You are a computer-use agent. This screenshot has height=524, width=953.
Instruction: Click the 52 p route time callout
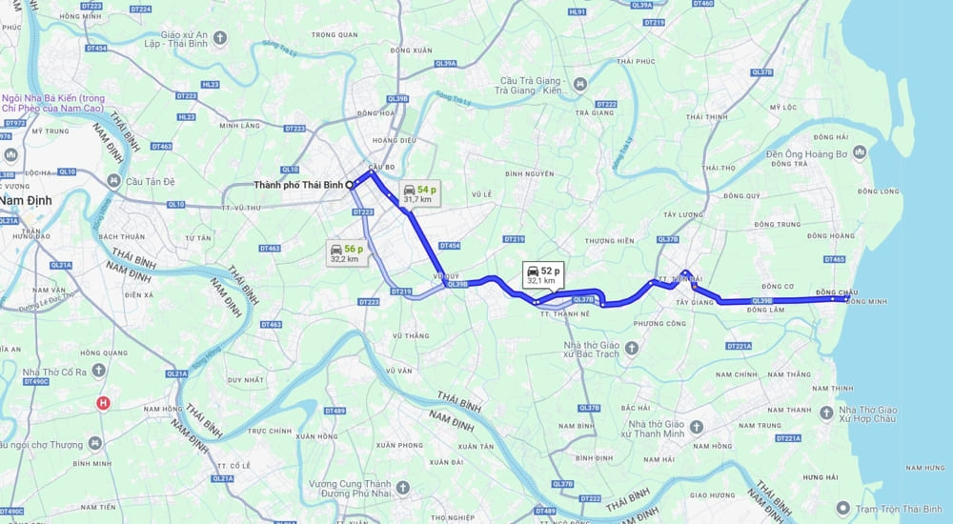(x=543, y=275)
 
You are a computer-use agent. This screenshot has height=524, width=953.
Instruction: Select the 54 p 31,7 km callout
(x=419, y=194)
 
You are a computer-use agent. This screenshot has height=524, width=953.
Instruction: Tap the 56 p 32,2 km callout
(x=345, y=252)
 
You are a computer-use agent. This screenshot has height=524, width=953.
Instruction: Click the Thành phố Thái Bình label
(x=298, y=185)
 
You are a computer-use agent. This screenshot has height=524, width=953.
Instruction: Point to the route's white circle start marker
(x=351, y=184)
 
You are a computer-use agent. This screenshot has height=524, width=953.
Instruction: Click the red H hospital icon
(x=104, y=403)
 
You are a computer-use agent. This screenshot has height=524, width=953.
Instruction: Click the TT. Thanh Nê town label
(x=566, y=312)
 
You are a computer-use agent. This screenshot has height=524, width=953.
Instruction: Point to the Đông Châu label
(x=838, y=292)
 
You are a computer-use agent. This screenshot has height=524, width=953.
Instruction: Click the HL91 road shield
(x=577, y=12)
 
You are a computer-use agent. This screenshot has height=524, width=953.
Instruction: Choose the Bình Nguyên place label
(x=529, y=173)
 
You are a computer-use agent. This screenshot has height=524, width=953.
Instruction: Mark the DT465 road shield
(x=834, y=259)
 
